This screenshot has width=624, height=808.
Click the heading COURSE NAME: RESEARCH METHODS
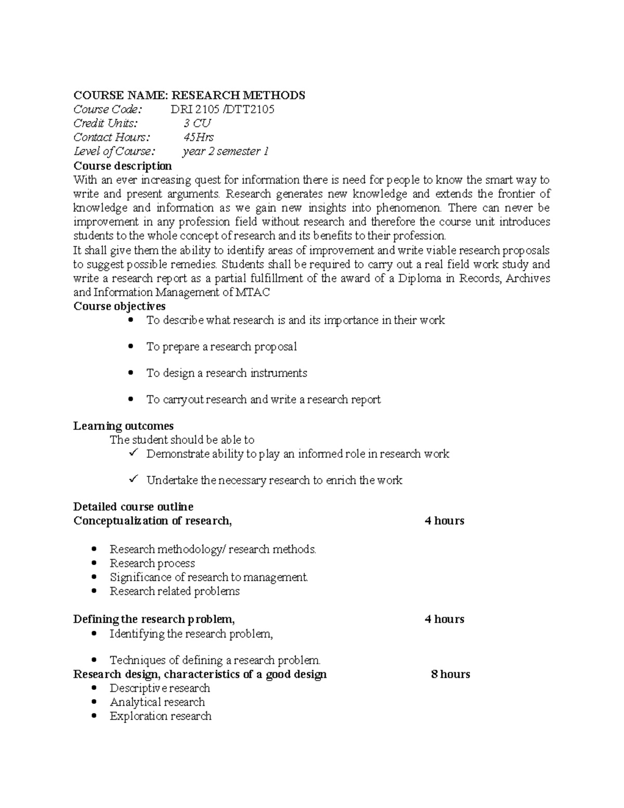[x=189, y=95]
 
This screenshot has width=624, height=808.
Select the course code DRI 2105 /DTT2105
[x=222, y=109]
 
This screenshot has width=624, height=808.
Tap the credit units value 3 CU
[x=197, y=123]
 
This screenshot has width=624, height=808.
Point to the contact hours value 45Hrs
[x=198, y=137]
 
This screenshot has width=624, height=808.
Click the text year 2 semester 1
[x=225, y=151]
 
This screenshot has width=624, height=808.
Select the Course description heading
[x=122, y=166]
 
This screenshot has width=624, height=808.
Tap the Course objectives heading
[x=119, y=306]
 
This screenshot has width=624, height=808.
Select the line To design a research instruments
[x=226, y=373]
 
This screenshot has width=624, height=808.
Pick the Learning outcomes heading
[x=123, y=426]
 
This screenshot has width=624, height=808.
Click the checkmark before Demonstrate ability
[x=133, y=453]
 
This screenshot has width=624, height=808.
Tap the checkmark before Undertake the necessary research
[x=133, y=479]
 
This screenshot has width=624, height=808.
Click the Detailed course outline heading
[x=133, y=507]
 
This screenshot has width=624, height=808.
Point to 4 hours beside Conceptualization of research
[x=444, y=521]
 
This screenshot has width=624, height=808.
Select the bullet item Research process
[x=152, y=563]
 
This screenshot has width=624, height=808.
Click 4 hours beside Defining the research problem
[x=444, y=619]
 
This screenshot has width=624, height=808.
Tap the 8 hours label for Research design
[x=450, y=674]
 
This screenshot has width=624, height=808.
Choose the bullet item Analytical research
[x=157, y=702]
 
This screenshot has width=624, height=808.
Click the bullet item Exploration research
[x=160, y=716]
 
